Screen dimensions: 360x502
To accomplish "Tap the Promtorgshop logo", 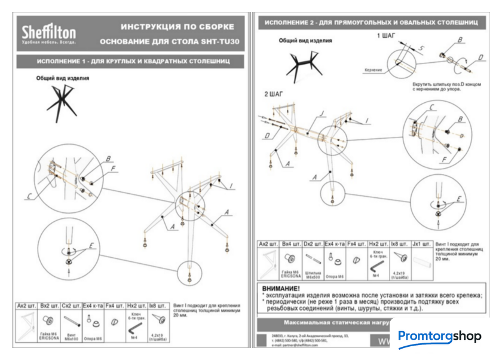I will (439, 336).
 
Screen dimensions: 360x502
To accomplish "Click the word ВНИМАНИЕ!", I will (281, 289).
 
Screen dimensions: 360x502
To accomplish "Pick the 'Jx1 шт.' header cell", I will (421, 244).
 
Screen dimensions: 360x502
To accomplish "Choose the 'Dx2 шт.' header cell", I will (313, 244).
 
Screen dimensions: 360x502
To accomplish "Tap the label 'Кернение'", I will (372, 69).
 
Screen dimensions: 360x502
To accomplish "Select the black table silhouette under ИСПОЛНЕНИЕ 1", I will (62, 100).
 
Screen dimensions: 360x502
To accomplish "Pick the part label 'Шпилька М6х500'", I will (312, 274).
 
